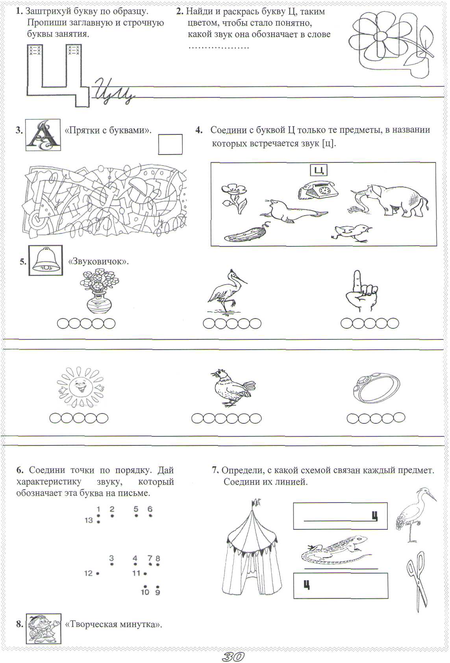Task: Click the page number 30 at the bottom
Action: tap(233, 656)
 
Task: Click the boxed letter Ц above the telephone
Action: tap(319, 170)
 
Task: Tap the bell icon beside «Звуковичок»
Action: tap(46, 260)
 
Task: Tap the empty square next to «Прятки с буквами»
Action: tap(170, 144)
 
